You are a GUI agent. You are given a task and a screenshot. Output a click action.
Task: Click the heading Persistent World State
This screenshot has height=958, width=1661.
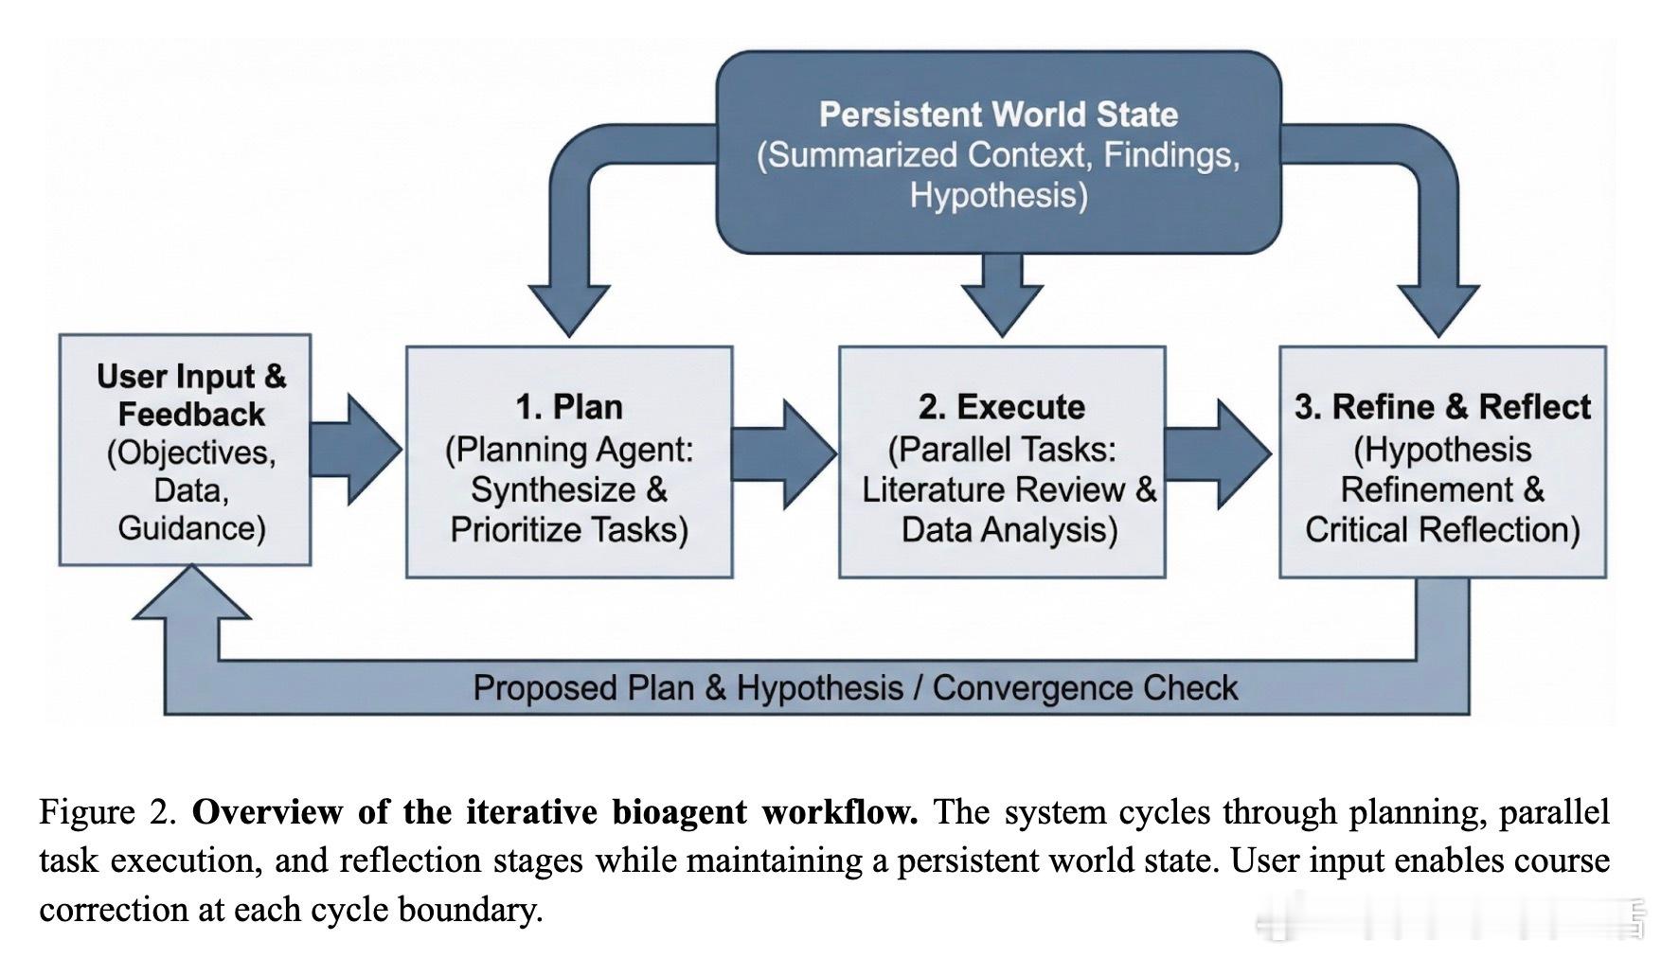click(998, 115)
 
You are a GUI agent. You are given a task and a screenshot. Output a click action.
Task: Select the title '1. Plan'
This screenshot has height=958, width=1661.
click(569, 407)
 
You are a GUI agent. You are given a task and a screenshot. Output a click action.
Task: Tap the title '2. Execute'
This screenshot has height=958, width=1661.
click(1002, 407)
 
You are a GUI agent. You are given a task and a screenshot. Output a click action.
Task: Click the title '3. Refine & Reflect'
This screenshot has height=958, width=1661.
click(1442, 407)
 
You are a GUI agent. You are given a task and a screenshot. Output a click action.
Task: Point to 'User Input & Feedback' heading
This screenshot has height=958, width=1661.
click(191, 395)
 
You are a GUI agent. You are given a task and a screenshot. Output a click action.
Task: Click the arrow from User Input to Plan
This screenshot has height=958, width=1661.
click(357, 450)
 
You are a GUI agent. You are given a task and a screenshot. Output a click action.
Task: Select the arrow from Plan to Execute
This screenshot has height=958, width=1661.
click(785, 453)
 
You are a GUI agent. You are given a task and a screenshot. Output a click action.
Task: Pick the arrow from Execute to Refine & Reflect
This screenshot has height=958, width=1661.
click(1218, 453)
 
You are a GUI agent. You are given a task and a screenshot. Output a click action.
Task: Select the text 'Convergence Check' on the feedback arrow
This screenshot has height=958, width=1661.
click(1085, 688)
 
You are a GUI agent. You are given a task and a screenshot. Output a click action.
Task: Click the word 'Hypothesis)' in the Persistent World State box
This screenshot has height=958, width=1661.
click(999, 195)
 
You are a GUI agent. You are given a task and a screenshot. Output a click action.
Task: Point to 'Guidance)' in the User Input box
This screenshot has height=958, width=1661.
click(191, 527)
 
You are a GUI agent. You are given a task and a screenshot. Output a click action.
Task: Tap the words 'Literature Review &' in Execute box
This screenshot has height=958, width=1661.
click(1009, 489)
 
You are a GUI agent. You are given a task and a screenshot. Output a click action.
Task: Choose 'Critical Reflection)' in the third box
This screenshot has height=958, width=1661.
click(1442, 529)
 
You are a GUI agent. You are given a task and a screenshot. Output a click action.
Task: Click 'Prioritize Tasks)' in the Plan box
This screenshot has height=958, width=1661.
click(569, 529)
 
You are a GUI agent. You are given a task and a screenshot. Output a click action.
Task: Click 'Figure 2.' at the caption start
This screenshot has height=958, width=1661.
click(109, 812)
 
